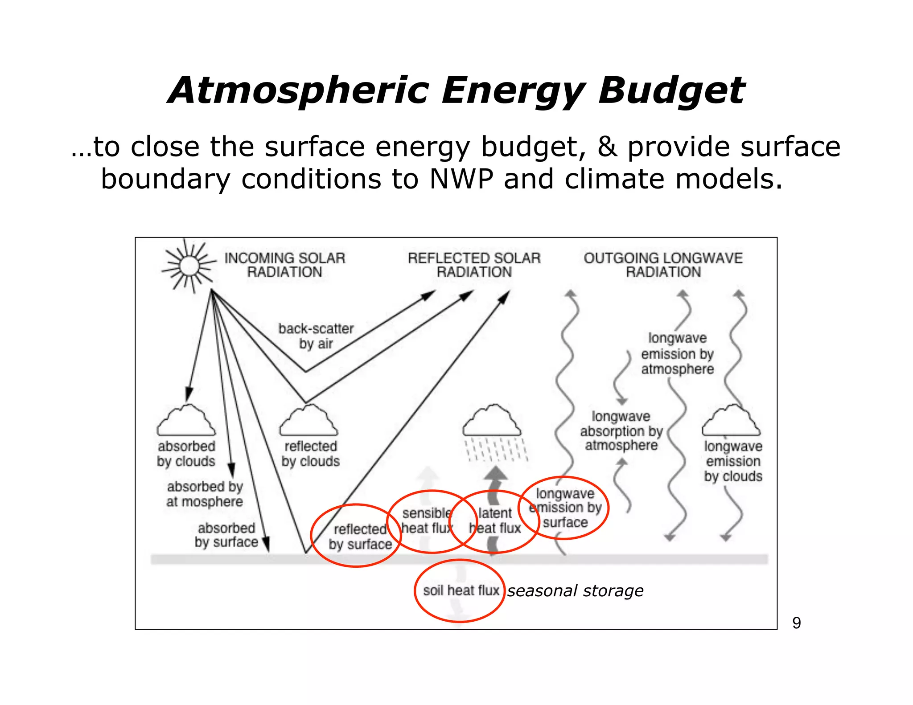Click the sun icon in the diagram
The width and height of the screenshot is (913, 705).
click(x=189, y=266)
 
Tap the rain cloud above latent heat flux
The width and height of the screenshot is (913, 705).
click(x=492, y=422)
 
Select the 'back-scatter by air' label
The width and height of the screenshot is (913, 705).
click(x=316, y=336)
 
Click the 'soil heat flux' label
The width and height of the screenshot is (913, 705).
click(x=461, y=590)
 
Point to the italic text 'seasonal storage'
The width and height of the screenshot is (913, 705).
click(x=575, y=591)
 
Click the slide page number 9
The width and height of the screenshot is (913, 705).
click(x=796, y=623)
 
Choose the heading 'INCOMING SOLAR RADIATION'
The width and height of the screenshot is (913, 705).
click(x=285, y=265)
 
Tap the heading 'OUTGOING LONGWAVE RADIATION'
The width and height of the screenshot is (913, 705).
click(x=663, y=265)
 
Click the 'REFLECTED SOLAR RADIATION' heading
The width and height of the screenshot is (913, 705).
click(x=474, y=265)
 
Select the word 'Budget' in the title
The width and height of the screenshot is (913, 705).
click(x=670, y=90)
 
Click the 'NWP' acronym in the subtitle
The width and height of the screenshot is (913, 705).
click(x=461, y=179)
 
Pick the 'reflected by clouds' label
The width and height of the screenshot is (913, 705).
click(x=310, y=454)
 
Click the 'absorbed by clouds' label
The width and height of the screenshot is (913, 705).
click(x=186, y=454)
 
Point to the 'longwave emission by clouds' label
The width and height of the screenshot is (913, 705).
click(x=733, y=461)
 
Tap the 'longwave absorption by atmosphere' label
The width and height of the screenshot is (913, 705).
click(x=621, y=431)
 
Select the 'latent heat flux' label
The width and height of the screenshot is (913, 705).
click(x=495, y=521)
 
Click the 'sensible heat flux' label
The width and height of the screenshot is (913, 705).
click(x=427, y=521)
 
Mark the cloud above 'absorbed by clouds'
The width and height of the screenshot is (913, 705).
click(x=186, y=422)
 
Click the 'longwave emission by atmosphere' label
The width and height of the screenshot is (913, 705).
click(x=677, y=353)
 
